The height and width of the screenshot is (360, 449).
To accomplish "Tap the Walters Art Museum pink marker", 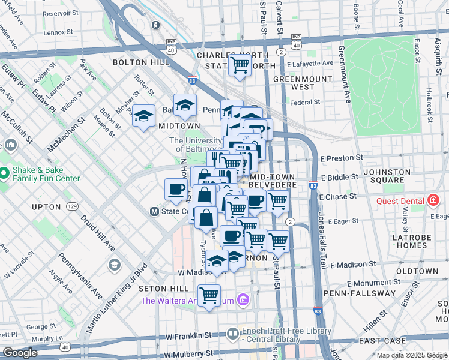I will pos(243,299).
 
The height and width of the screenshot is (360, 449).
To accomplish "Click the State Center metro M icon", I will pos(154,211).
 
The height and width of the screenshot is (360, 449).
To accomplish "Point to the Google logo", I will pos(20,353).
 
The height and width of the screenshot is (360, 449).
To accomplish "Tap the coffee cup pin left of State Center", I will pos(176,190).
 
